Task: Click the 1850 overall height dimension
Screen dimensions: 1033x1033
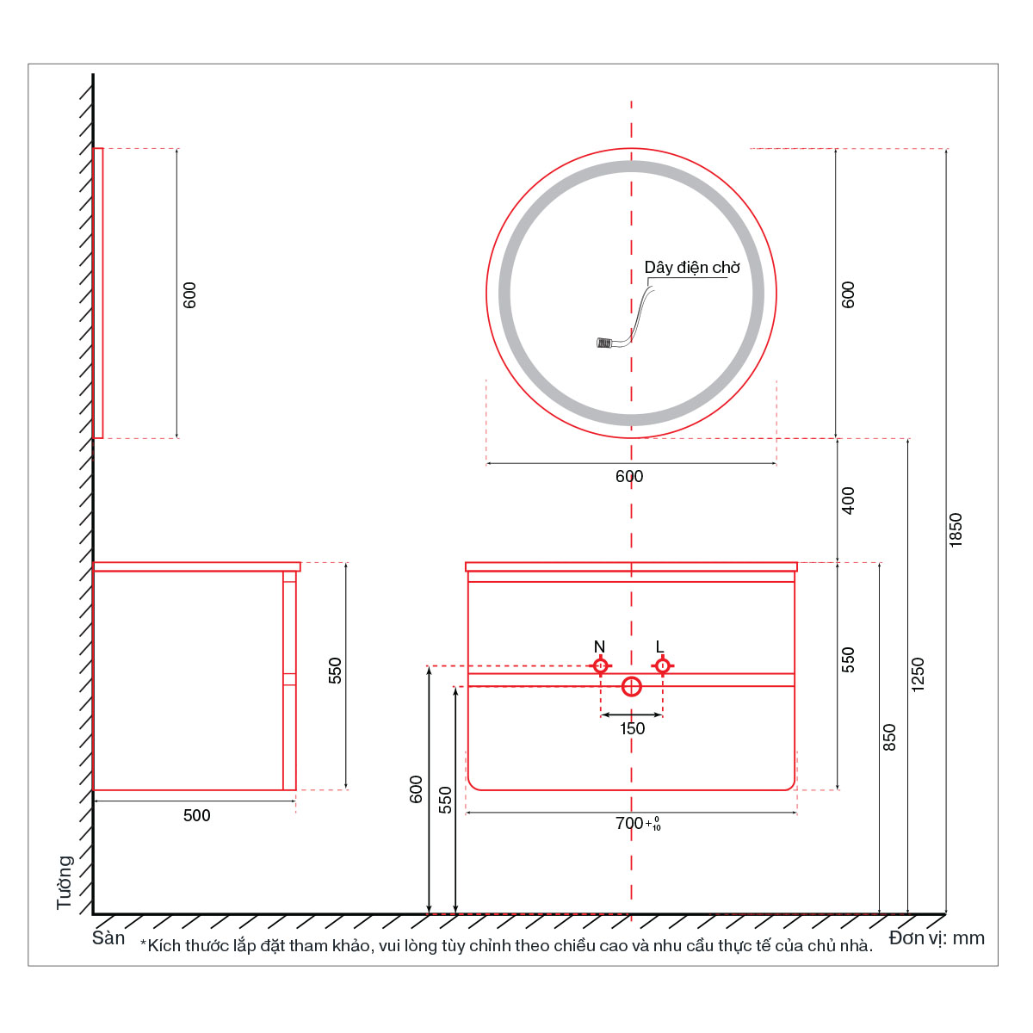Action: pyautogui.click(x=956, y=530)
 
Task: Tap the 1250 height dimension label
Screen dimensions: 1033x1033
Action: pyautogui.click(x=918, y=674)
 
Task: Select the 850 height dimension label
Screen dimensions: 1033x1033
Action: pyautogui.click(x=888, y=737)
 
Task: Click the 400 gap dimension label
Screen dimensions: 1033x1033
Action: pyautogui.click(x=848, y=501)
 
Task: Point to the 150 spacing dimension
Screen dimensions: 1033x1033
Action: pyautogui.click(x=632, y=728)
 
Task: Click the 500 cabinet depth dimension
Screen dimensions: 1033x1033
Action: pyautogui.click(x=197, y=815)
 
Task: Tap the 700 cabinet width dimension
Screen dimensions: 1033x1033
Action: pyautogui.click(x=638, y=824)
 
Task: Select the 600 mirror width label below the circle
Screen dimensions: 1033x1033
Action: pyautogui.click(x=628, y=476)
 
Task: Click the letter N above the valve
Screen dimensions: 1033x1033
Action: pyautogui.click(x=599, y=646)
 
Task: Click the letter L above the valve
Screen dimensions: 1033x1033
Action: pyautogui.click(x=660, y=646)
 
